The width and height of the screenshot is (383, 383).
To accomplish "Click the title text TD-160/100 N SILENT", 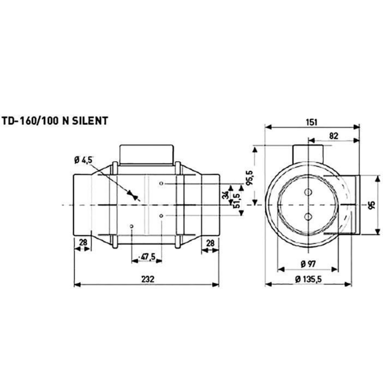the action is point(55,121).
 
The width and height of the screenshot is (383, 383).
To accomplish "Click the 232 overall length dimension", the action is point(148,279).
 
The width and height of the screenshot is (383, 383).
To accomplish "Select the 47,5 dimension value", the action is point(147,257).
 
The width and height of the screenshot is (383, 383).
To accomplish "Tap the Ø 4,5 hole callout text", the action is point(83,160).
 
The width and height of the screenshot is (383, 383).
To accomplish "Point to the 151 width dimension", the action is point(311,122).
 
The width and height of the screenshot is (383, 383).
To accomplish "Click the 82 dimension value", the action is point(334,136).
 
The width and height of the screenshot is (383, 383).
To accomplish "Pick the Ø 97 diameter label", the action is point(308,264).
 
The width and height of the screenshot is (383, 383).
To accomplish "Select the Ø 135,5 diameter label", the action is point(308,279).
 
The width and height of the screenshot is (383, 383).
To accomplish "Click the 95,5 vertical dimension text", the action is point(250,178).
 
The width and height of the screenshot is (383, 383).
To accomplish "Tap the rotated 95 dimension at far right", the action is point(371,205).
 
